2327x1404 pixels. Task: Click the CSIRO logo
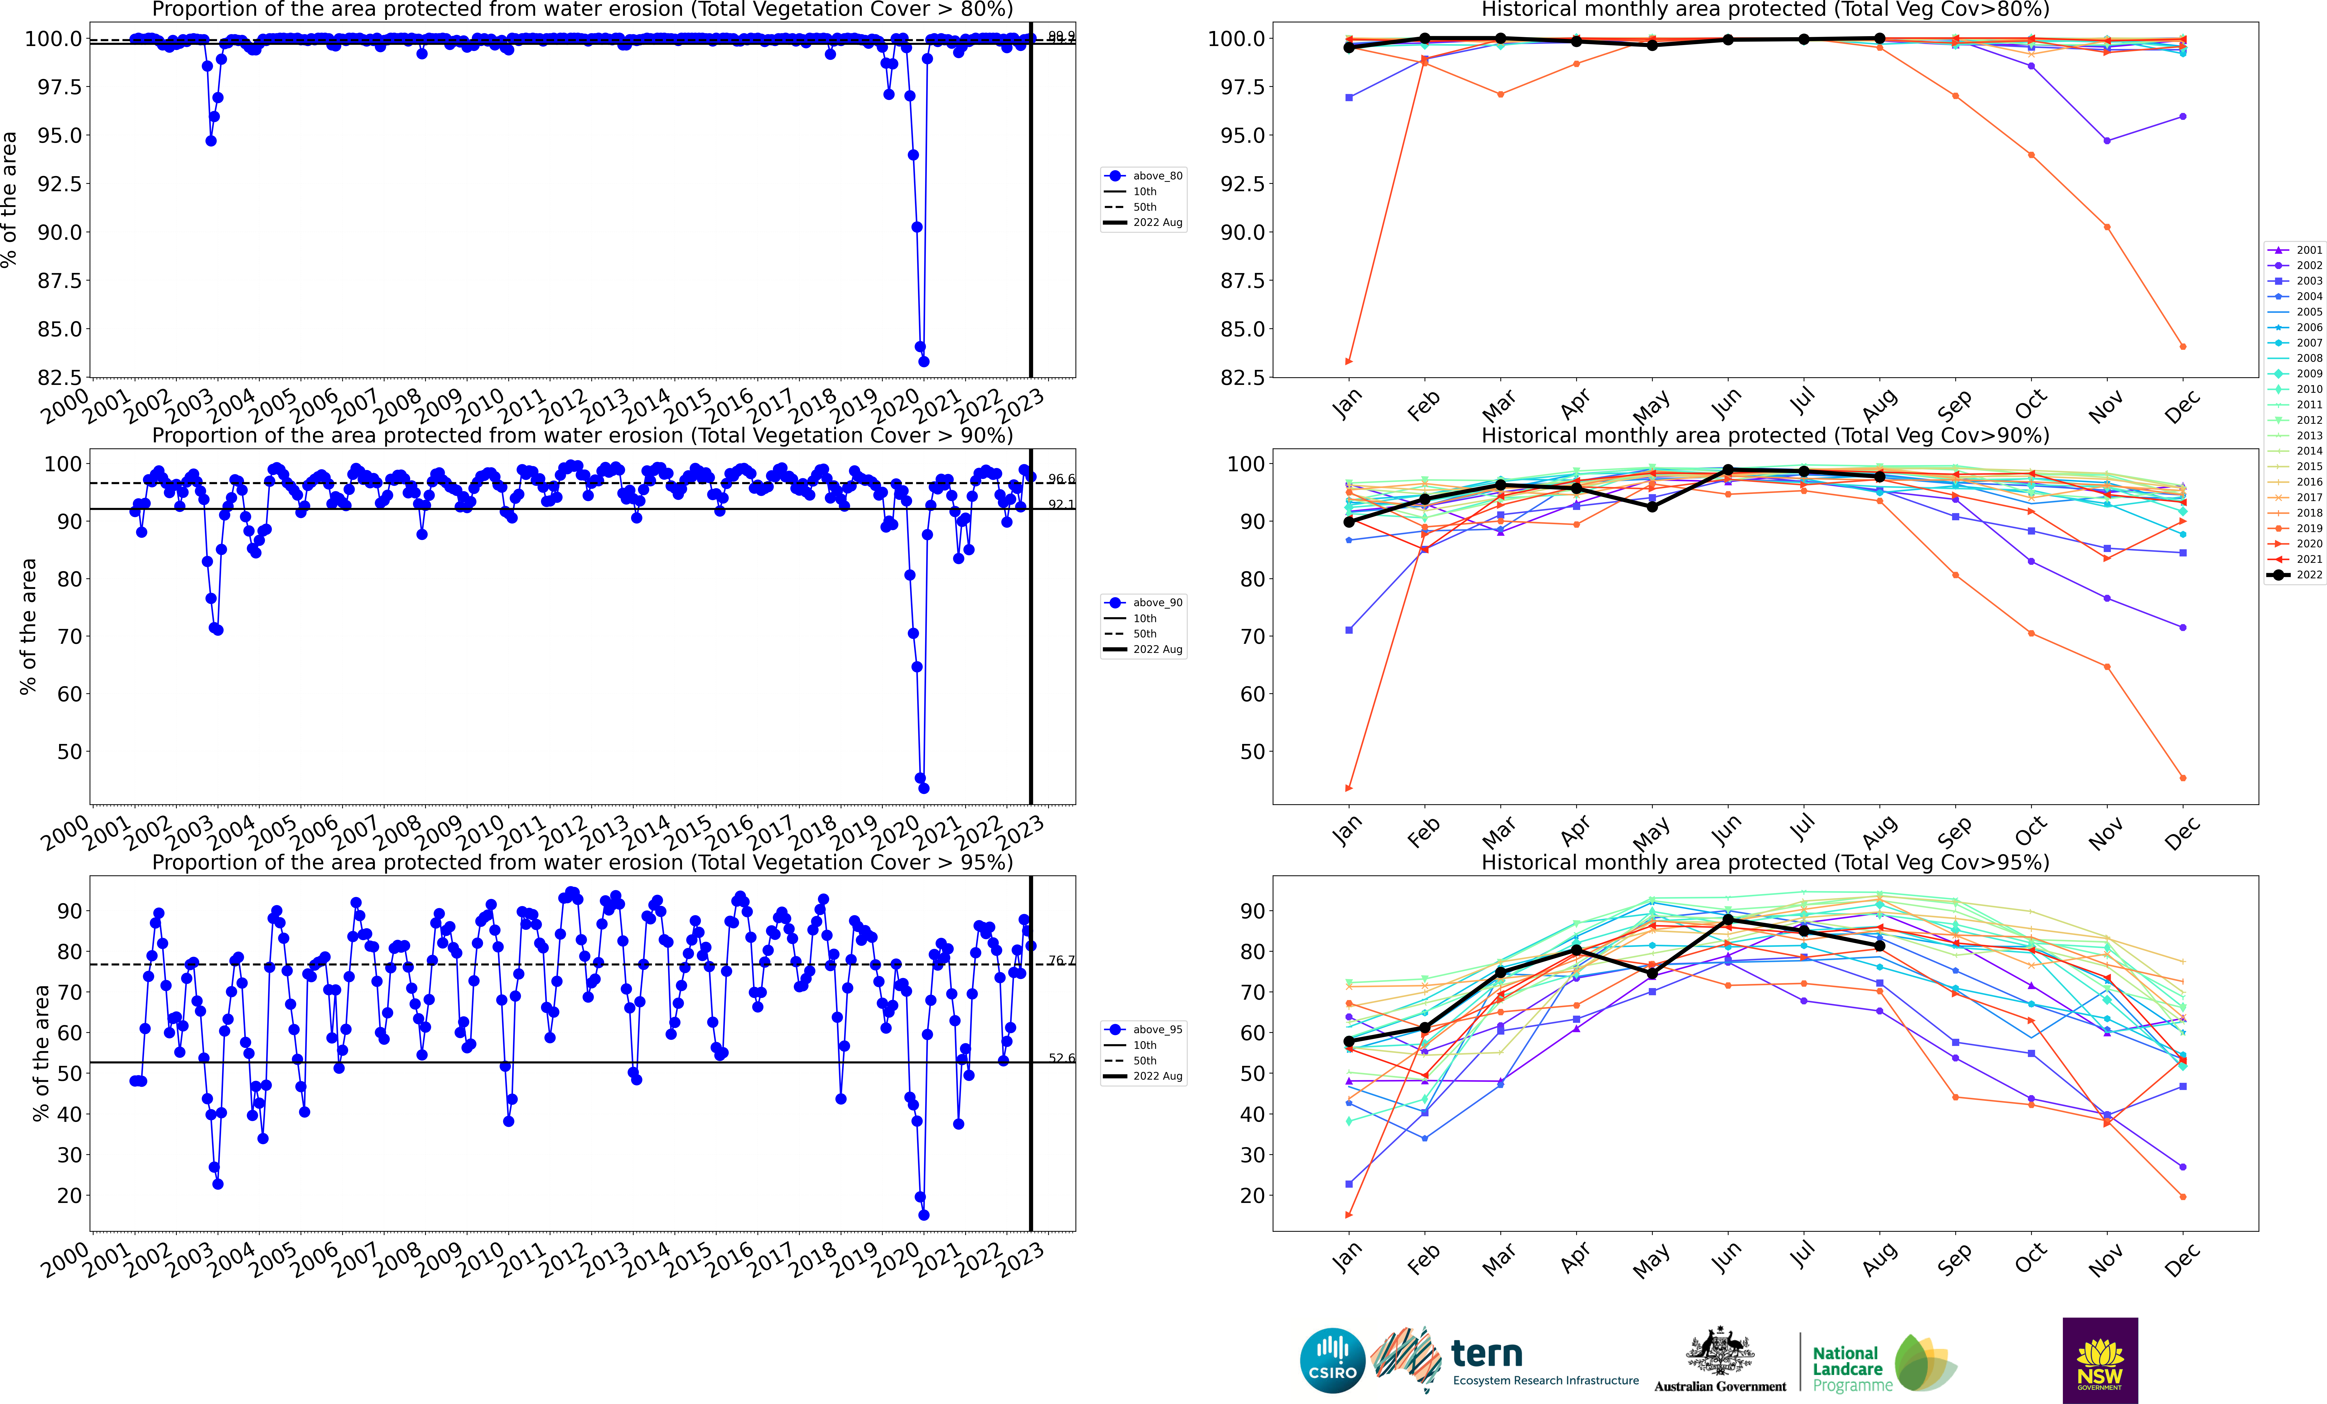(1332, 1361)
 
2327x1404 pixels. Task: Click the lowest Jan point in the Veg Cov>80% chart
(1348, 362)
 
